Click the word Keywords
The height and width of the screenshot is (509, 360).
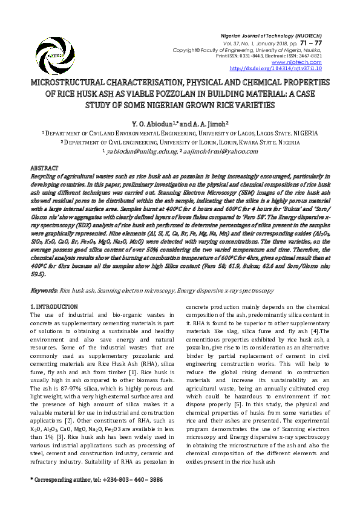point(44,291)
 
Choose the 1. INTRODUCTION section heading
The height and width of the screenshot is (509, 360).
point(54,307)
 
